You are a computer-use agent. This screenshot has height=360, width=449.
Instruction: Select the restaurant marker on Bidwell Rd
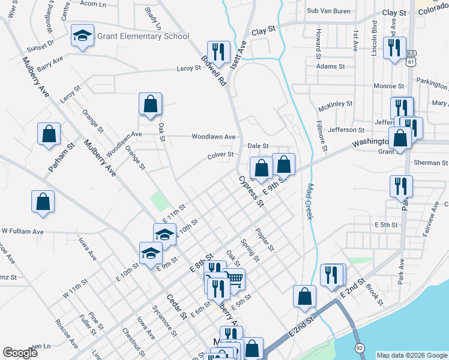click(217, 52)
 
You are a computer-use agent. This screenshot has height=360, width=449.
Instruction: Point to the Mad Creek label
click(310, 201)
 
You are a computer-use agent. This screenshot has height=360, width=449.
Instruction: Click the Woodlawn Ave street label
click(213, 137)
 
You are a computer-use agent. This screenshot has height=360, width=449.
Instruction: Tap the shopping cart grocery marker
click(235, 278)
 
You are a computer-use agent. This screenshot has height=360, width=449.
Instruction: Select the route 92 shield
click(359, 347)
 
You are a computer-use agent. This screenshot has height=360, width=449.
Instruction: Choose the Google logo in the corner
click(20, 353)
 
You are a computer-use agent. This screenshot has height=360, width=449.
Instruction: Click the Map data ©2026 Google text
click(411, 355)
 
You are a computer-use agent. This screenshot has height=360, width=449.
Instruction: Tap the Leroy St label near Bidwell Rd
click(188, 68)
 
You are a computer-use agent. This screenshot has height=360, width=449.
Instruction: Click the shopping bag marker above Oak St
click(150, 104)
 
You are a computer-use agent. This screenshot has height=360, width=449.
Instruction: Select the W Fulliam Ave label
click(22, 231)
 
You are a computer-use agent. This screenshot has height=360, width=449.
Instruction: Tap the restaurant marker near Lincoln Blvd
click(394, 48)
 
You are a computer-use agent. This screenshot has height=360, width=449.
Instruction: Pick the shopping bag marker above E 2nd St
click(304, 295)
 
